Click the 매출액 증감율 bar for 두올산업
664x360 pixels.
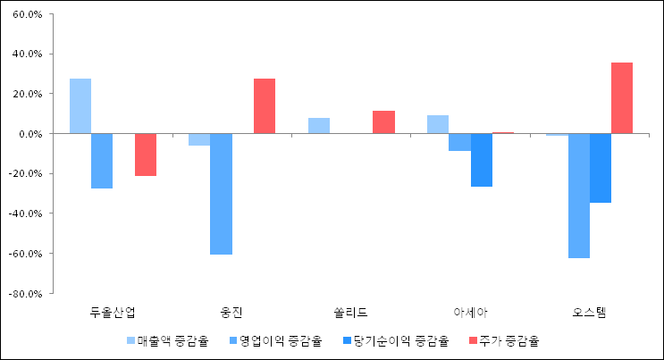coord(80,105)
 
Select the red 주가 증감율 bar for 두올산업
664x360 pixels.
coord(146,155)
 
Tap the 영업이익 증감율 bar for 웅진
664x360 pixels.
coord(222,194)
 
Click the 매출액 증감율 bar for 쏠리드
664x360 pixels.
coord(319,125)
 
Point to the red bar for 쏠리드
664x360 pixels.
coord(383,121)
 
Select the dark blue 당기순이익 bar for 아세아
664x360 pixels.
coord(482,160)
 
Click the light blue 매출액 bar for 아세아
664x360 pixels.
coord(438,124)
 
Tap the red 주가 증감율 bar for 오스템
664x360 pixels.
coord(622,97)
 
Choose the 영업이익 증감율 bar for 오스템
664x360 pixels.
coord(579,196)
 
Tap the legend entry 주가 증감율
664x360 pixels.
coord(509,340)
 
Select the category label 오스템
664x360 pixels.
coord(590,312)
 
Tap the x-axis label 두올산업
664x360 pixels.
coord(113,312)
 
